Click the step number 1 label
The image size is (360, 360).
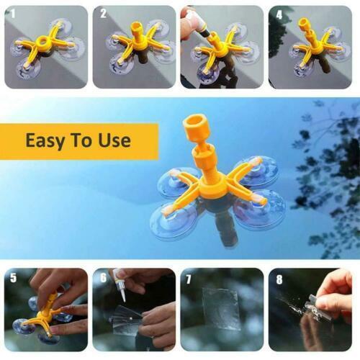(x=13, y=14)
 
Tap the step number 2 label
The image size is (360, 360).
(x=103, y=14)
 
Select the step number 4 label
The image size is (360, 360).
(x=279, y=15)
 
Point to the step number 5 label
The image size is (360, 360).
(x=13, y=278)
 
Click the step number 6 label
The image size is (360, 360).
(x=103, y=278)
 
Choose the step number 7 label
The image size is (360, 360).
(x=189, y=279)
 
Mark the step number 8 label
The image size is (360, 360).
(x=279, y=279)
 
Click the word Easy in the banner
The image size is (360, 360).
(x=45, y=140)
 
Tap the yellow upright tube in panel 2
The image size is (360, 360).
(x=138, y=32)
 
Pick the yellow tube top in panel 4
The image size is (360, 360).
(x=304, y=23)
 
